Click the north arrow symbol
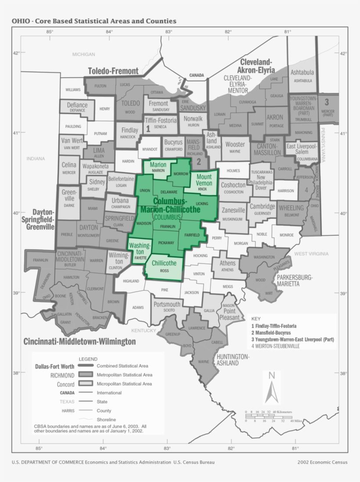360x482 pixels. coord(272,386)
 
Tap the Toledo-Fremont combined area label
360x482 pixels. coord(113,71)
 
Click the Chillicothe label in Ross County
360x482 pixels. coord(164,263)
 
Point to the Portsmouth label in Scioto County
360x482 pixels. coord(167,304)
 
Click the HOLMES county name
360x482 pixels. coord(234,170)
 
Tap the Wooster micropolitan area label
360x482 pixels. coord(235,144)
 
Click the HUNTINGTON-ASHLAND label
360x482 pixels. coord(233,360)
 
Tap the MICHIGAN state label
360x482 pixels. coord(83,54)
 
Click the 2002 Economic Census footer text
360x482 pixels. coord(322,462)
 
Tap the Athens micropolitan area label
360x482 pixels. coord(227,263)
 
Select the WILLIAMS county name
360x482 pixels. coord(73,90)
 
